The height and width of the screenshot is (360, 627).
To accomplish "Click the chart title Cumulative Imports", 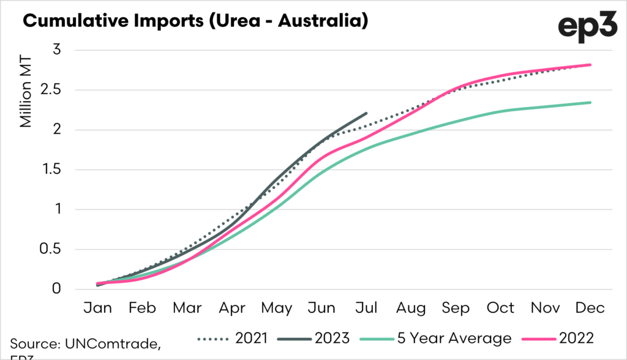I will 195,21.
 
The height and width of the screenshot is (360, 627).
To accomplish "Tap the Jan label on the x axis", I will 97,308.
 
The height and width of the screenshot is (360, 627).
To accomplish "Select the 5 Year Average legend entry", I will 438,338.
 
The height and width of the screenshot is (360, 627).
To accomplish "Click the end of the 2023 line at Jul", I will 366,113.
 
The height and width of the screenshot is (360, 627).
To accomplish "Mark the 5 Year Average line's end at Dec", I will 590,102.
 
